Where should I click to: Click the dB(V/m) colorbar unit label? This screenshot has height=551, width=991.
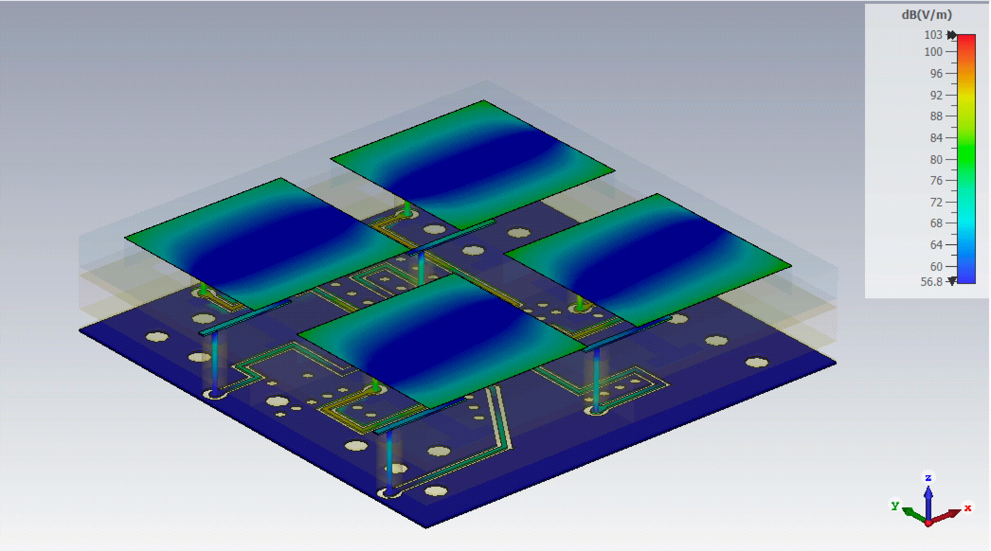927,15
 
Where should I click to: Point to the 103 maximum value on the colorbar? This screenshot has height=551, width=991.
933,35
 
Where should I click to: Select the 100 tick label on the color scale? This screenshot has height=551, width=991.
933,52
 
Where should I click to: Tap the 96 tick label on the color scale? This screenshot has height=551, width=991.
937,74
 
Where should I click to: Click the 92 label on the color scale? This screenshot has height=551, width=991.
937,96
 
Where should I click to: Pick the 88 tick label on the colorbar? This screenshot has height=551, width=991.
937,116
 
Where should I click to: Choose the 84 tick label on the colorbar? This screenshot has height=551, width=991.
937,138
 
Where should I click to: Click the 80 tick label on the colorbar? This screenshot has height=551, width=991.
937,160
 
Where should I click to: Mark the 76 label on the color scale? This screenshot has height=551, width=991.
937,181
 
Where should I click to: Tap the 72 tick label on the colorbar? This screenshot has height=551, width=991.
937,203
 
